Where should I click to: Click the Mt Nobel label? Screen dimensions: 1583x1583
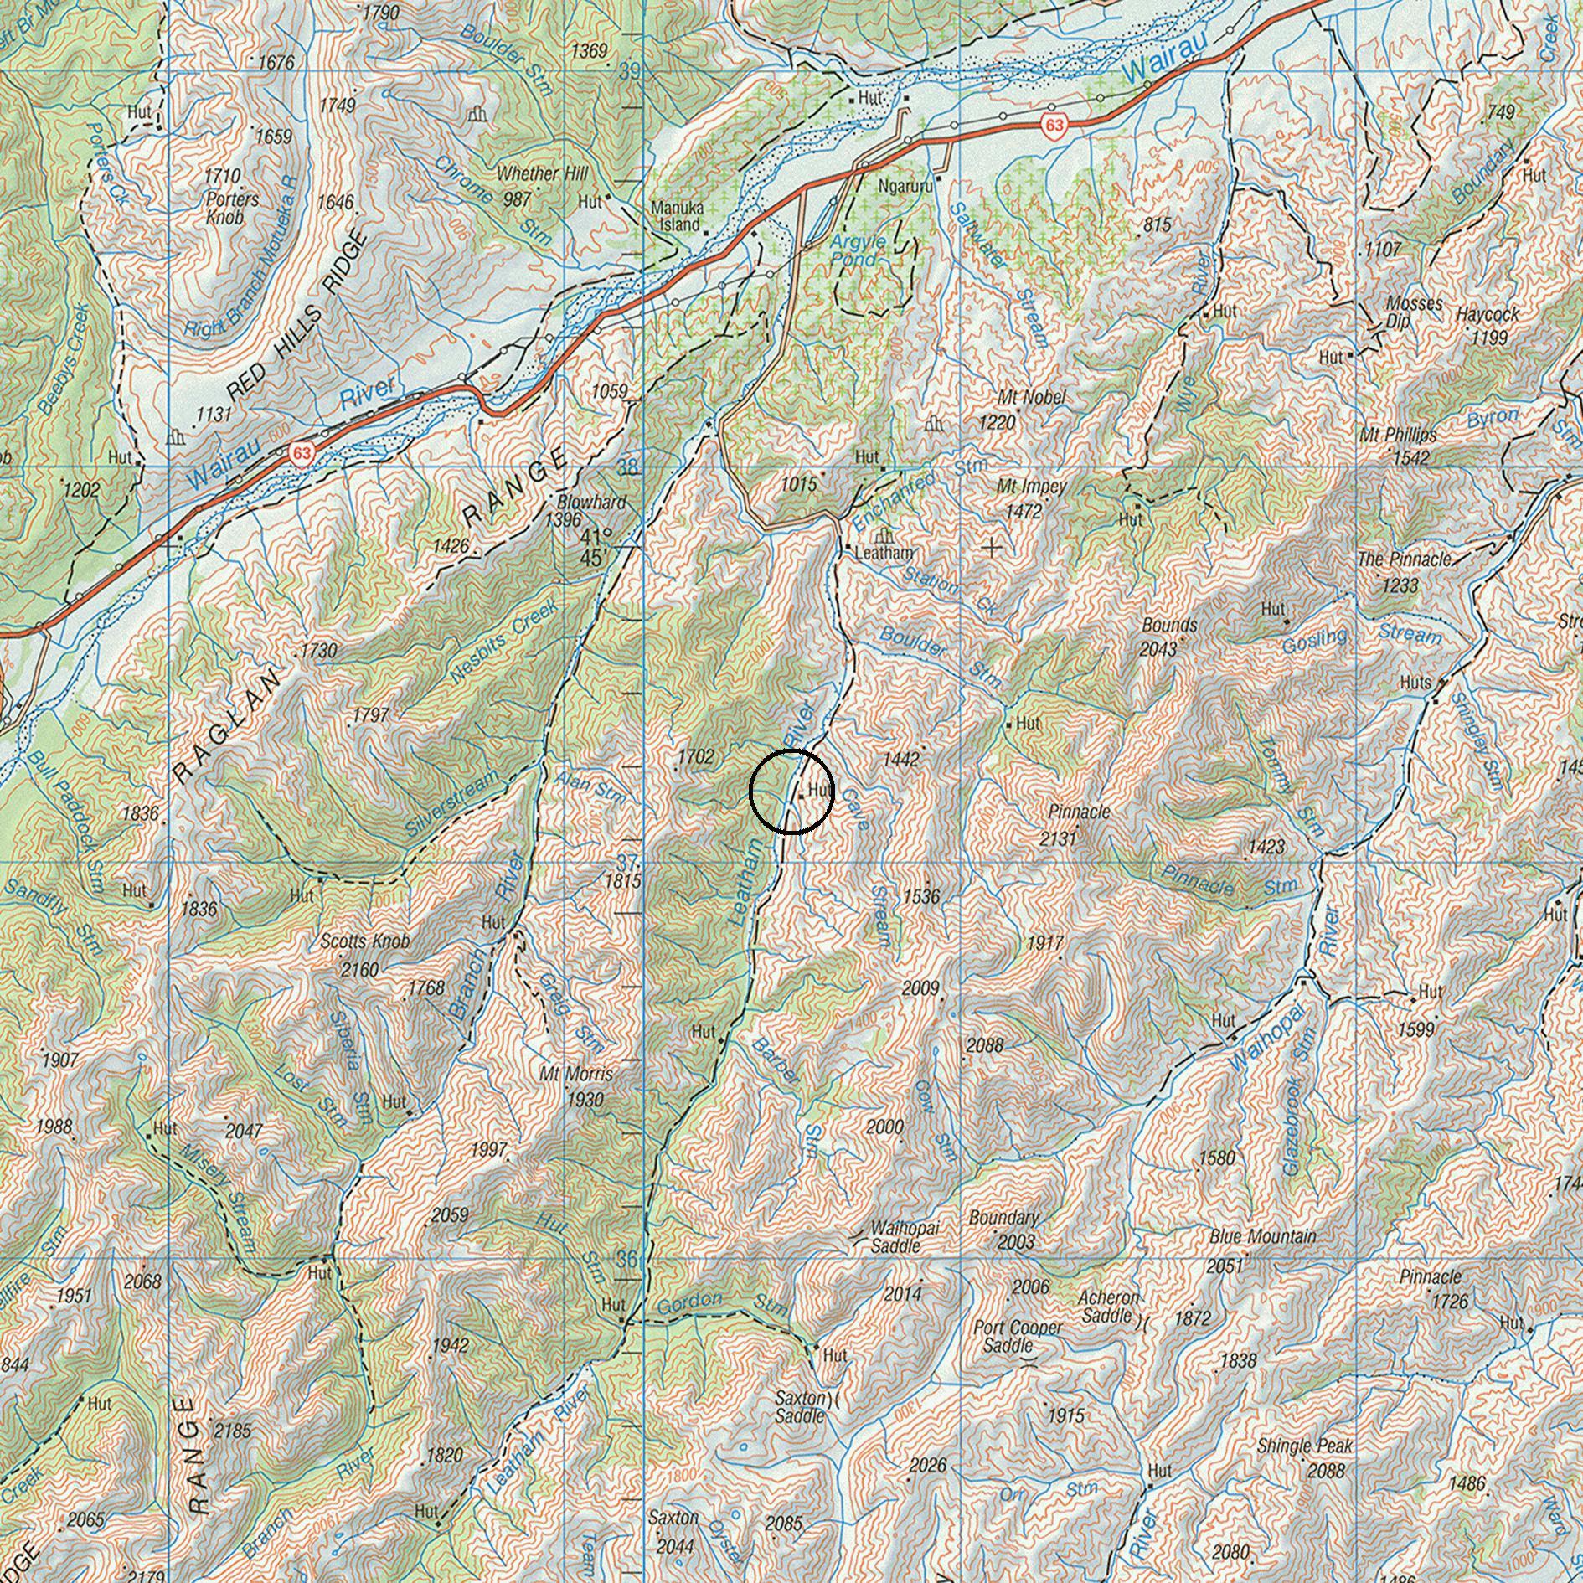[1031, 396]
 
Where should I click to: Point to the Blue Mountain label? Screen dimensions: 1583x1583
[1262, 1236]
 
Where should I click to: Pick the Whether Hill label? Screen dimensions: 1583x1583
[542, 174]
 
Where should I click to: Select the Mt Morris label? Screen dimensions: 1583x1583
[576, 1074]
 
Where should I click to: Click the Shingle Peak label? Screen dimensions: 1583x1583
[1305, 1446]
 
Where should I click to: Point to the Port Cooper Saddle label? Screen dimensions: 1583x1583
[1018, 1337]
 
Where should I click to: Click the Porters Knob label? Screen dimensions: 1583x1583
[232, 209]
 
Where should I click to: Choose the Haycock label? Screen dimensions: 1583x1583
[1487, 315]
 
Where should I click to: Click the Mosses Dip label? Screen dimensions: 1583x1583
[1413, 312]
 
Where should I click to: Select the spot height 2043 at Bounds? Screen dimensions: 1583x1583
[1158, 648]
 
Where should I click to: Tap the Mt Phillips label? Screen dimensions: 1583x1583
[1398, 435]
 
